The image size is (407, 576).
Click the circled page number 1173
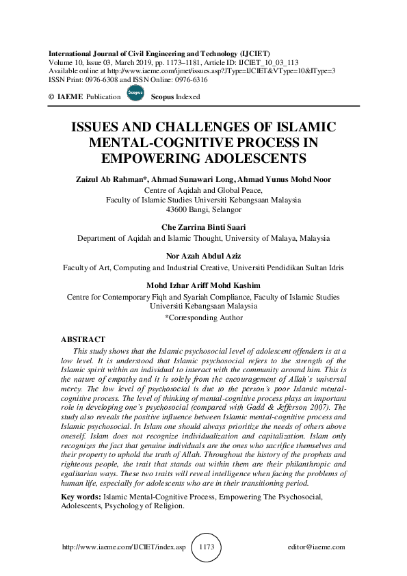tap(207, 548)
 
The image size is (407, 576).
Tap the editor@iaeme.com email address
tap(317, 548)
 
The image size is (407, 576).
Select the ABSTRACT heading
tap(83, 339)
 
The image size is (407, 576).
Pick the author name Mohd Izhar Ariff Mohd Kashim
tap(203, 285)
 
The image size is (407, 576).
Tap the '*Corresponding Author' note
tap(204, 317)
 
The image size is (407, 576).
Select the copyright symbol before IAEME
tap(51, 97)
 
